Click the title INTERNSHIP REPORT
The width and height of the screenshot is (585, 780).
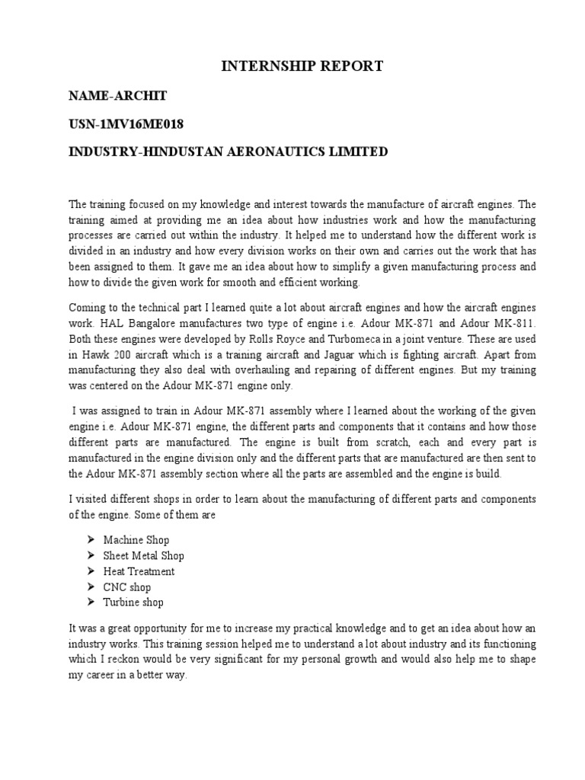(x=302, y=67)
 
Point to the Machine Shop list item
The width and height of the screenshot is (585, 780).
(x=136, y=540)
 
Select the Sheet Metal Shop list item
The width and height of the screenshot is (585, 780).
(x=144, y=556)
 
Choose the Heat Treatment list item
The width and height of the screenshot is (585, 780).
(x=139, y=571)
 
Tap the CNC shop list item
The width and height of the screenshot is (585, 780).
(x=127, y=587)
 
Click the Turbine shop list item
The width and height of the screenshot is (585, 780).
(x=134, y=603)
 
